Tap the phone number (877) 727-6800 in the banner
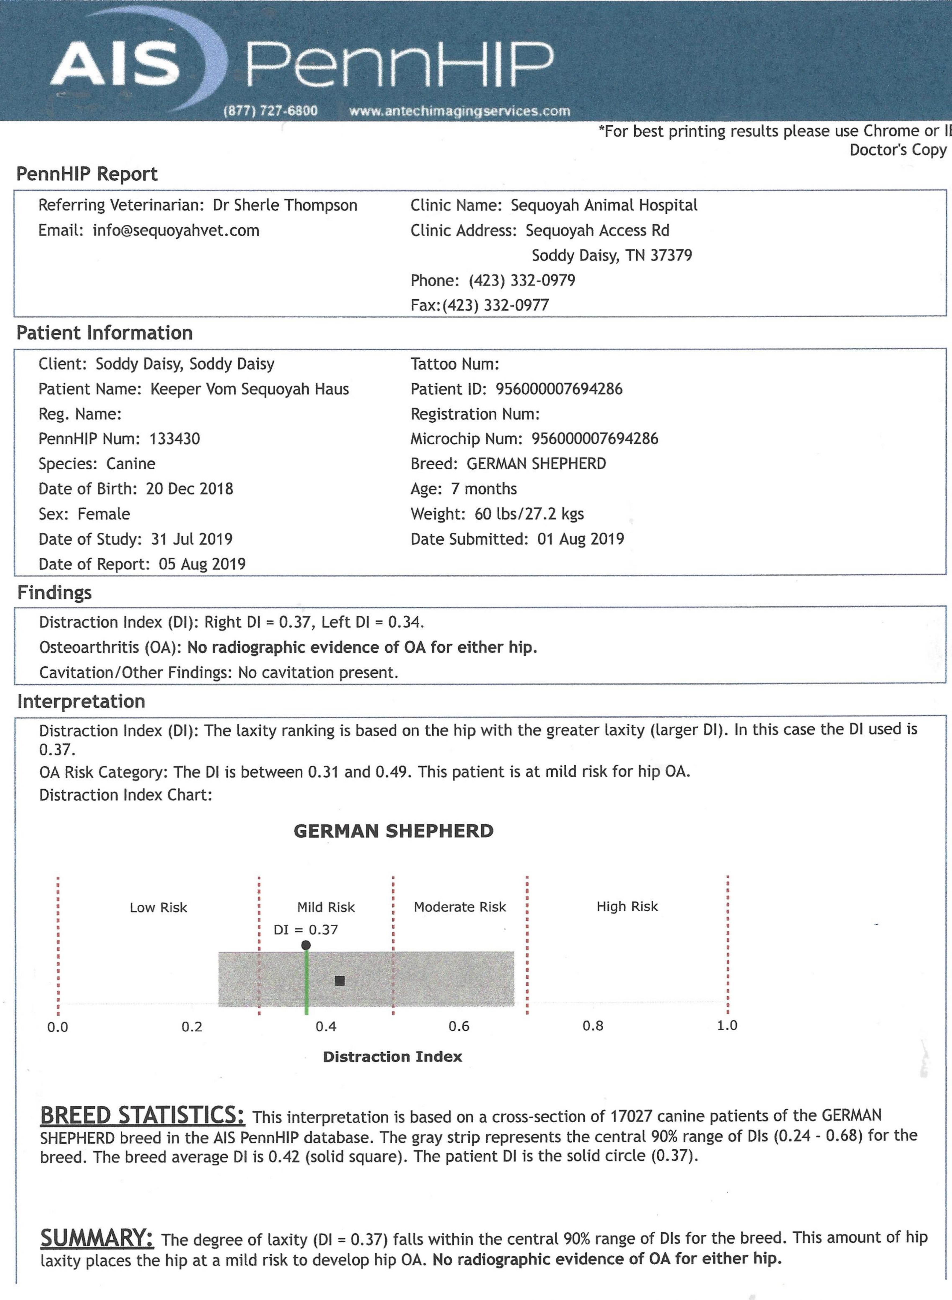tap(270, 111)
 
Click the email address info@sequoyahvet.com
tap(176, 231)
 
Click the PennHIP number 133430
tap(175, 439)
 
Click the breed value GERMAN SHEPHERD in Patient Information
tap(536, 464)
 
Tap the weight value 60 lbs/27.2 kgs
tap(529, 514)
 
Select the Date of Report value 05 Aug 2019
tap(202, 564)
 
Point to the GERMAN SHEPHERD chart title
tap(394, 831)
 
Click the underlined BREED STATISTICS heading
tap(142, 1116)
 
